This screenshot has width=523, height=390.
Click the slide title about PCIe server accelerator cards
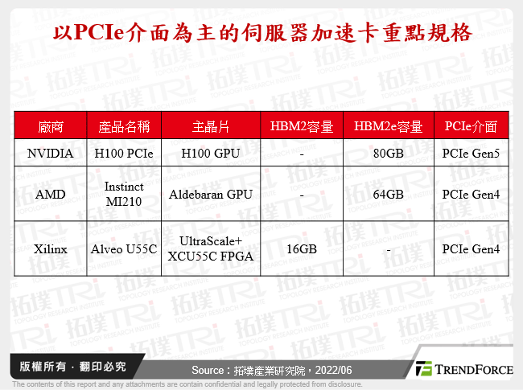(261, 35)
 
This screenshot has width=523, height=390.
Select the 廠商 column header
(51, 126)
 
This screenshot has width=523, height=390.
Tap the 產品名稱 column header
(124, 126)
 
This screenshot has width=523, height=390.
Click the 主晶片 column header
(211, 126)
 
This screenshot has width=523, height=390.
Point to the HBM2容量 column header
(302, 126)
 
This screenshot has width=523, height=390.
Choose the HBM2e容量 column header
(388, 126)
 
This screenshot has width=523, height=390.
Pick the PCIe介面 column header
(471, 126)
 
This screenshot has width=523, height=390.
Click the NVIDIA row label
(51, 153)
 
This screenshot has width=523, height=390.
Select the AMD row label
(51, 194)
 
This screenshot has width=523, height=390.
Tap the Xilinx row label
(51, 249)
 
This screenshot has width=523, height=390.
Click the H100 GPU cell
(211, 153)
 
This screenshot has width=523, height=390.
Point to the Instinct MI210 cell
(124, 194)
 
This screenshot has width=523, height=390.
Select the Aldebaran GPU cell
(211, 194)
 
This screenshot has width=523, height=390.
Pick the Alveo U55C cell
(124, 249)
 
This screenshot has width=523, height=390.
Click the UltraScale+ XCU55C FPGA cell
(211, 249)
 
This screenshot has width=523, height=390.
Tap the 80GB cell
(388, 153)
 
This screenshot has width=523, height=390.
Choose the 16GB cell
(302, 249)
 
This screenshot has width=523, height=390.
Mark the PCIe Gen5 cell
(471, 153)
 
